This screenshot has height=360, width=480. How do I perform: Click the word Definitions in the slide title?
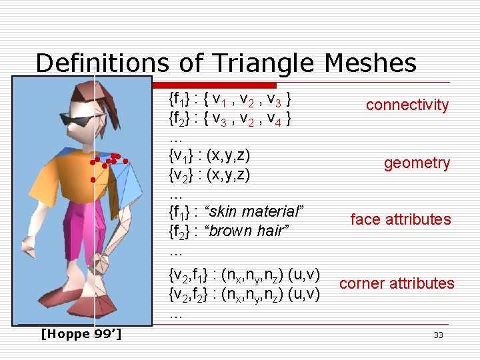(x=102, y=64)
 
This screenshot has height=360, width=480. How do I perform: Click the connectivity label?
(x=407, y=105)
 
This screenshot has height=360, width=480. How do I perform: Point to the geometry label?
(x=417, y=163)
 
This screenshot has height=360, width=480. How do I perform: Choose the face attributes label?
(x=400, y=219)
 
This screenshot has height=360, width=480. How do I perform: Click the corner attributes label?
(x=397, y=283)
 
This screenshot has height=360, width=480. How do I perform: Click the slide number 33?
(x=438, y=335)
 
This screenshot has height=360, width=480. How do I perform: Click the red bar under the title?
(x=213, y=85)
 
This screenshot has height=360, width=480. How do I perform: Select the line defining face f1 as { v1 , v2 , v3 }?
(x=230, y=101)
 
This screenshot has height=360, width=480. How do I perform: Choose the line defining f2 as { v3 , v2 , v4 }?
(x=230, y=120)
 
